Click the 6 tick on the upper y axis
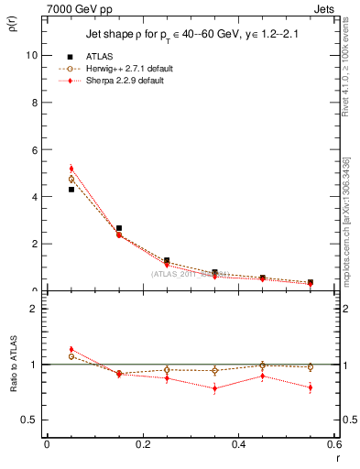click(35, 149)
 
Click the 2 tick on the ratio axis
click(35, 309)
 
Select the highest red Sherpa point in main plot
click(71, 169)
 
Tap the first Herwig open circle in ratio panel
click(71, 356)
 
